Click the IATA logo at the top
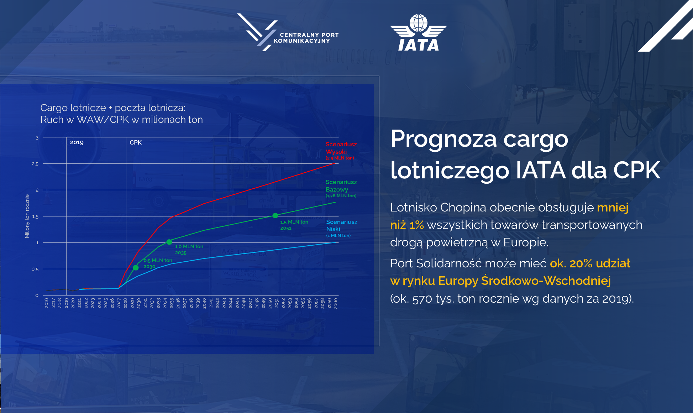418,32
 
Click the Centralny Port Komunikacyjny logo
288,32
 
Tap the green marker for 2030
136,267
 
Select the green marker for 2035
169,242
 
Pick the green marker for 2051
275,215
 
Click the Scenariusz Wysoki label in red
341,151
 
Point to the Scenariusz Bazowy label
341,188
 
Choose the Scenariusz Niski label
342,228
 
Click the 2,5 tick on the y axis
35,164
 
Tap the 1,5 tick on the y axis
35,216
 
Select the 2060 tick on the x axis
335,303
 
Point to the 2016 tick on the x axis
46,303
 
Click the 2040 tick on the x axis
204,303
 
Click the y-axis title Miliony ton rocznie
27,216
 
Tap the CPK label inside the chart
136,142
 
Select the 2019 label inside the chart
77,142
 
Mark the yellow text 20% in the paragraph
581,263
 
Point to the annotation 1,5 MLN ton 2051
294,225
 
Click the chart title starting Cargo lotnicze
121,114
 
